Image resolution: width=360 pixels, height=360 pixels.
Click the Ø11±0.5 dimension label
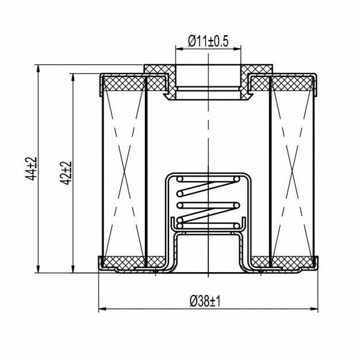[208, 41]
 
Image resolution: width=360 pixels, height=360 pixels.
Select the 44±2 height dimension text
[30, 168]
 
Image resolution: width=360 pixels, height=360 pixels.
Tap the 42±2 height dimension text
[66, 173]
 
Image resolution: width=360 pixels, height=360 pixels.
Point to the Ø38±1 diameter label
[205, 301]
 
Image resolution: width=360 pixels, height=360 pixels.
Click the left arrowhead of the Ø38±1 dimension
[102, 309]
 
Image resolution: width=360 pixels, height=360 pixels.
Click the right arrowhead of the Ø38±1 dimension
[314, 309]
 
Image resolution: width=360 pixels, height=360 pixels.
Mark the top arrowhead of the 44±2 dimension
[38, 68]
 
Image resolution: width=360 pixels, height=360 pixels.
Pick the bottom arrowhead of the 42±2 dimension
[73, 269]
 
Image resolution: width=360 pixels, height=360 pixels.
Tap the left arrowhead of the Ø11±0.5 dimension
[179, 49]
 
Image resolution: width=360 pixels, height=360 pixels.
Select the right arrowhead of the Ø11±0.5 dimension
[237, 49]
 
